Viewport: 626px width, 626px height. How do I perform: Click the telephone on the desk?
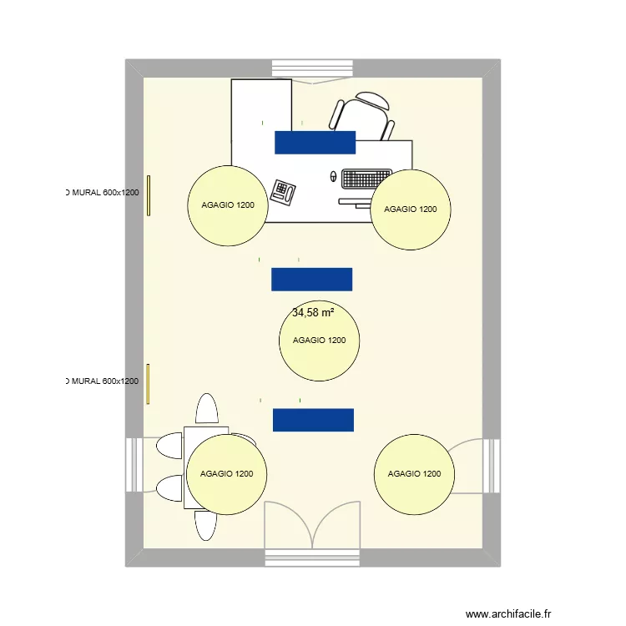(x=285, y=191)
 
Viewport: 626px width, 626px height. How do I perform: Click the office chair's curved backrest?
(x=371, y=100)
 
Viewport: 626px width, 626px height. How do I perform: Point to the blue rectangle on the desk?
(x=315, y=142)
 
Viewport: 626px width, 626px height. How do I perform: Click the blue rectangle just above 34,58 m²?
(x=311, y=279)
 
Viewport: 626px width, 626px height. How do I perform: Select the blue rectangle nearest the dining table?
(x=313, y=420)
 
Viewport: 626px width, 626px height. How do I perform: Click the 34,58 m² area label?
(x=313, y=313)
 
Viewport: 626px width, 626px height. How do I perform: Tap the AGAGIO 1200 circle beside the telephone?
(x=227, y=205)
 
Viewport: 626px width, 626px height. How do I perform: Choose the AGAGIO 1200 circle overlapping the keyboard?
(x=411, y=210)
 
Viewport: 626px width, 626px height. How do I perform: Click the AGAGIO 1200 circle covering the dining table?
(x=226, y=474)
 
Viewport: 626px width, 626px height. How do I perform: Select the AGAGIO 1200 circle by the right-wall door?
(x=415, y=474)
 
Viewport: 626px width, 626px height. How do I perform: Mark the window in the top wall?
(x=312, y=68)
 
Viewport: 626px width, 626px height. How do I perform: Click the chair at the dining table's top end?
(x=206, y=409)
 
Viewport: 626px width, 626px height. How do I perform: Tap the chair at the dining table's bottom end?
(x=205, y=526)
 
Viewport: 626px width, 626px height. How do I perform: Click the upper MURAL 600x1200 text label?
(x=102, y=193)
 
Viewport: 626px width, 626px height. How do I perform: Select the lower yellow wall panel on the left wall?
(x=148, y=384)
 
